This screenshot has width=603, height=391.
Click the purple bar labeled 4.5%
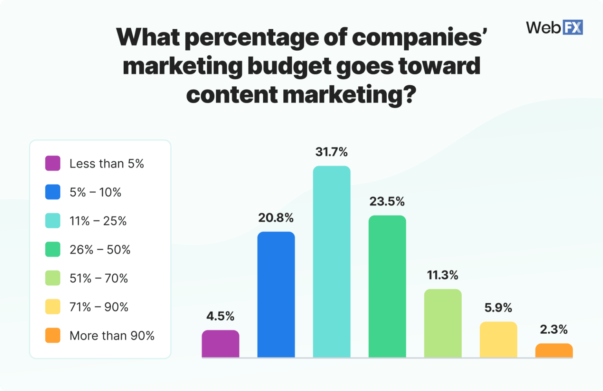[x=220, y=344]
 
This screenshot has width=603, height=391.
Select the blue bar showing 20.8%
[x=276, y=295]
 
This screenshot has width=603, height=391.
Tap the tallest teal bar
[x=332, y=262]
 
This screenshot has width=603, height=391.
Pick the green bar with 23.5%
[x=387, y=286]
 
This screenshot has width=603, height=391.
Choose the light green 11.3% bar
[x=443, y=323]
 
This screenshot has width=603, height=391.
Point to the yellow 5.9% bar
[x=498, y=340]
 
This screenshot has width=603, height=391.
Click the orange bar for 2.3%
[x=554, y=351]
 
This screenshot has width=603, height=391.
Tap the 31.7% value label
[x=332, y=152]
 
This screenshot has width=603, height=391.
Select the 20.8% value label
[x=276, y=218]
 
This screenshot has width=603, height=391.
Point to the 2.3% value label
[x=554, y=329]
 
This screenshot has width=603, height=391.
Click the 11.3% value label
[x=443, y=275]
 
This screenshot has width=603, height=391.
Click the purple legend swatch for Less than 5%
[x=53, y=163]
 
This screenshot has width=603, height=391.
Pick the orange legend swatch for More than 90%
[x=53, y=336]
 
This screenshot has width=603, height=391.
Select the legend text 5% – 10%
[x=95, y=193]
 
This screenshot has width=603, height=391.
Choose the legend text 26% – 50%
[x=100, y=250]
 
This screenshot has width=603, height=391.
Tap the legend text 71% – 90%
[x=99, y=307]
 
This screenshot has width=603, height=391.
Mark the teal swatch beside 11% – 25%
[x=53, y=221]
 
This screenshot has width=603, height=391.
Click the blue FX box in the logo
[x=573, y=28]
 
